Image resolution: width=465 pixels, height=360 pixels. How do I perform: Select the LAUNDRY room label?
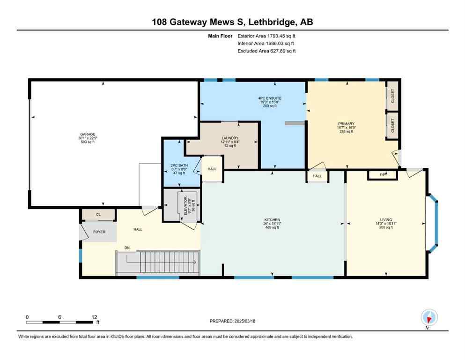click(x=230, y=138)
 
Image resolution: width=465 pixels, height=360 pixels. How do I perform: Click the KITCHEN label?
click(x=272, y=219)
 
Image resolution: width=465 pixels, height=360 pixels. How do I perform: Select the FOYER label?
click(x=99, y=231)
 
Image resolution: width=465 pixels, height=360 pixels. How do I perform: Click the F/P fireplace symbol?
click(x=383, y=175)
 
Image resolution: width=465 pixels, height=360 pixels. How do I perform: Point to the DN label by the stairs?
click(x=127, y=247)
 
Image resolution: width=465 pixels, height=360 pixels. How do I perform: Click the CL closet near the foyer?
click(x=98, y=215)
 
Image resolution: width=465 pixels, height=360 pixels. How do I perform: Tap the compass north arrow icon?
click(x=429, y=317)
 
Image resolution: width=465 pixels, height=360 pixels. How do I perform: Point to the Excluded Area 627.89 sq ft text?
click(x=266, y=51)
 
